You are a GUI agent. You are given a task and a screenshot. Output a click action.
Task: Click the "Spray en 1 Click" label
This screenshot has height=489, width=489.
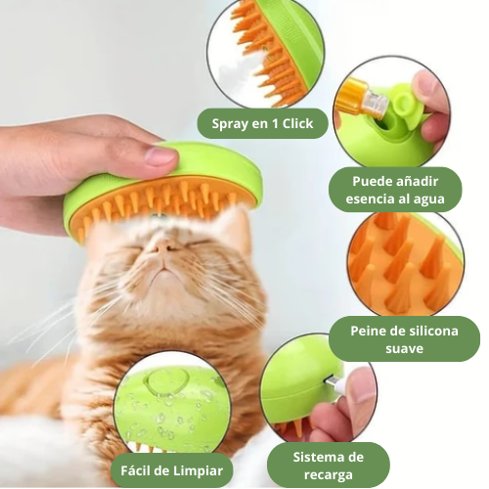pyautogui.click(x=262, y=124)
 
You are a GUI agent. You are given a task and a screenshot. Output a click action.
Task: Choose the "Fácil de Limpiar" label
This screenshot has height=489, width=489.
pyautogui.click(x=172, y=467)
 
